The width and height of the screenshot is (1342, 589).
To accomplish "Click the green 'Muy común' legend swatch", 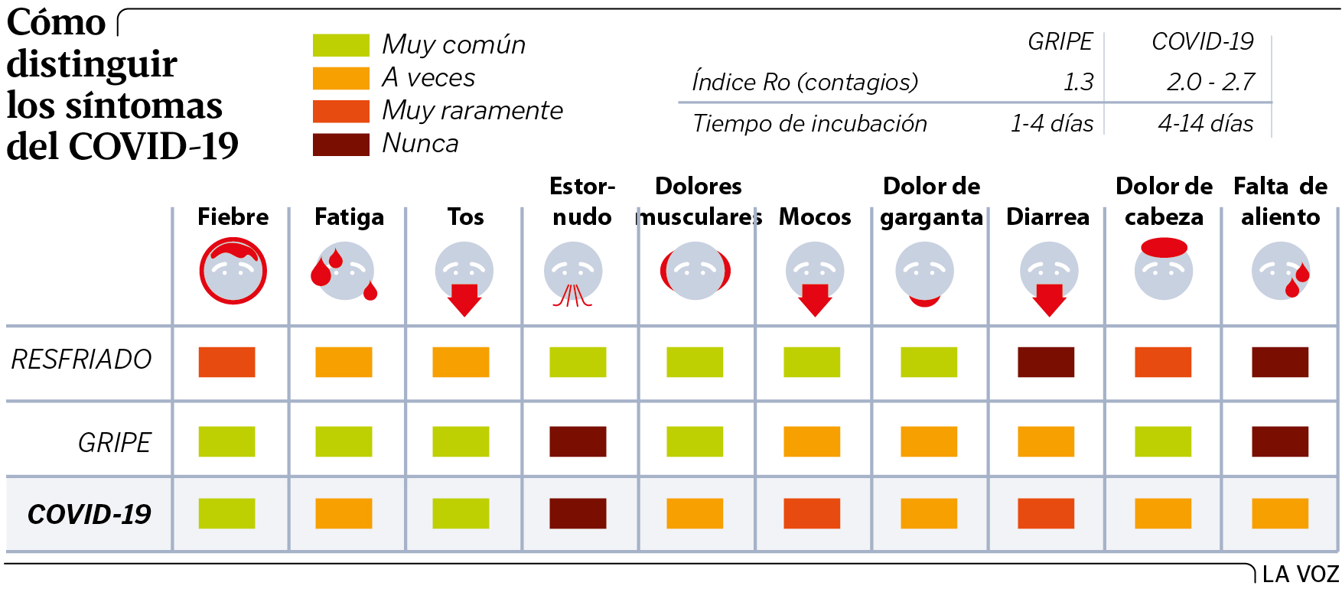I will pos(340,45).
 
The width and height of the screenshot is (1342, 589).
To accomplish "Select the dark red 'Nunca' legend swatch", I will pos(340,144).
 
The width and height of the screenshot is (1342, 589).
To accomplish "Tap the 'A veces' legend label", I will pos(428,78).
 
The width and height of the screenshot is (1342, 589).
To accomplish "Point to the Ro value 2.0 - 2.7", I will pos(1210,82).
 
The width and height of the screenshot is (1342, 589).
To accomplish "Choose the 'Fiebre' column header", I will pos(233,216).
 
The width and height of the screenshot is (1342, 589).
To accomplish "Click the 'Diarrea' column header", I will pos(1047,216).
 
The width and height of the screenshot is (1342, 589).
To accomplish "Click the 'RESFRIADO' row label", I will pos(82,360).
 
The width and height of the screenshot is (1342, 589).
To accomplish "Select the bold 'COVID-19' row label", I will pos(89,514).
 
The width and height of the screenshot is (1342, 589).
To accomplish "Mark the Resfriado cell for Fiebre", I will pos(226,362).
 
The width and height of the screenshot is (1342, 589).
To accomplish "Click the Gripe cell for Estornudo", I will pos(578,441).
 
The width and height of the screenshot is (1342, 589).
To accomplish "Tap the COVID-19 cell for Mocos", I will pos(812,513).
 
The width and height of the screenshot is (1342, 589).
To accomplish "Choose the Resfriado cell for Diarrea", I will pos(1046,362).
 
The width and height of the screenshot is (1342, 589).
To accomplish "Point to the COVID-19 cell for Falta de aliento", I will pos(1280,513).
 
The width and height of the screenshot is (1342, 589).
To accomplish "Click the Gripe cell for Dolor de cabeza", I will pos(1163,441).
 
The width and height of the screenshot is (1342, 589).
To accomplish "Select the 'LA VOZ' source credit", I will pos(1300,574).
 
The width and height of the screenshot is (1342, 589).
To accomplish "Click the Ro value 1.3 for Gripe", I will pos(1078,82).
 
